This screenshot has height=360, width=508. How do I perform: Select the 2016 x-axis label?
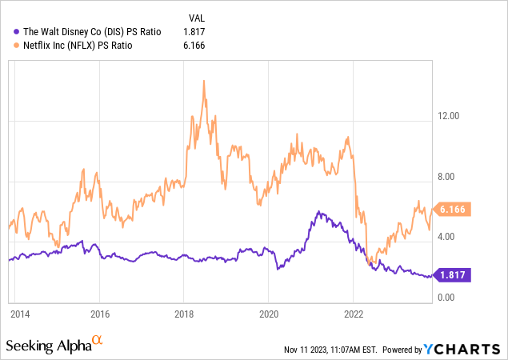[x=99, y=314]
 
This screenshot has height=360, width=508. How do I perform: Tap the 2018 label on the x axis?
[x=184, y=314]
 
